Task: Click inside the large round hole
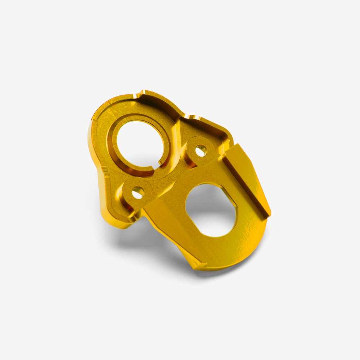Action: coord(139,144)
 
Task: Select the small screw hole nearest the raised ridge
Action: coord(201,150)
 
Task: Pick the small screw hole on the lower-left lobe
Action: coord(138,193)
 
